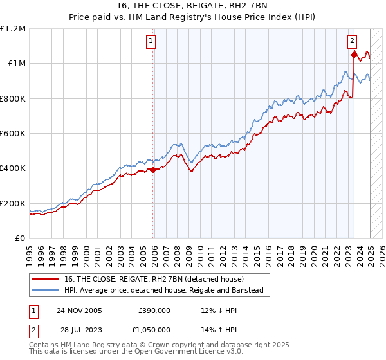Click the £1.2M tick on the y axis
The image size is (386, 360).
pyautogui.click(x=13, y=28)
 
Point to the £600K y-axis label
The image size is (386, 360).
pyautogui.click(x=13, y=134)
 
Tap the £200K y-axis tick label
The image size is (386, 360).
pyautogui.click(x=13, y=203)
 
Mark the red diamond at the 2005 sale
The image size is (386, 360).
pyautogui.click(x=153, y=170)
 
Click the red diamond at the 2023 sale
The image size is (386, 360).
pyautogui.click(x=354, y=55)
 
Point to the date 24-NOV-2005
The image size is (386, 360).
pyautogui.click(x=80, y=310)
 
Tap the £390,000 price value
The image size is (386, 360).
pyautogui.click(x=154, y=310)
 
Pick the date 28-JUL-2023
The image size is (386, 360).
pyautogui.click(x=80, y=330)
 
